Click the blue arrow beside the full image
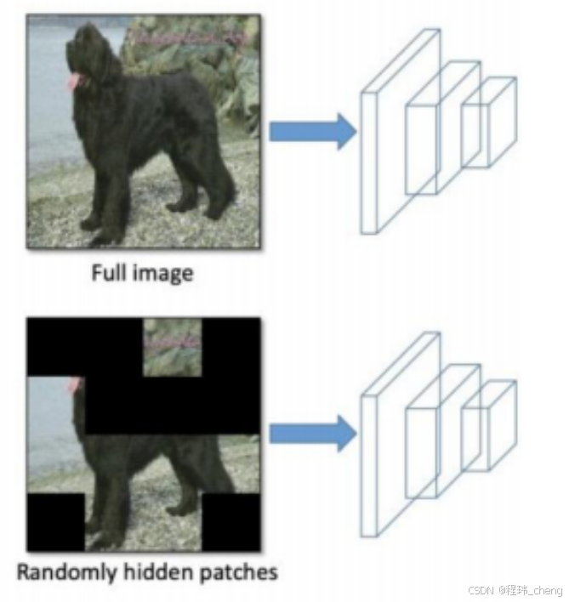coord(311,130)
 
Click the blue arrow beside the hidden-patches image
coord(311,434)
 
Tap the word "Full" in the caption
coord(114,274)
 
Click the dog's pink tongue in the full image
coord(75,81)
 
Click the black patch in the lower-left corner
coord(56,520)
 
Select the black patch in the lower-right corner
coord(230,520)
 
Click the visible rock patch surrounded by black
coord(173,347)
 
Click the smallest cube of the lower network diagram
coord(489,425)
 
